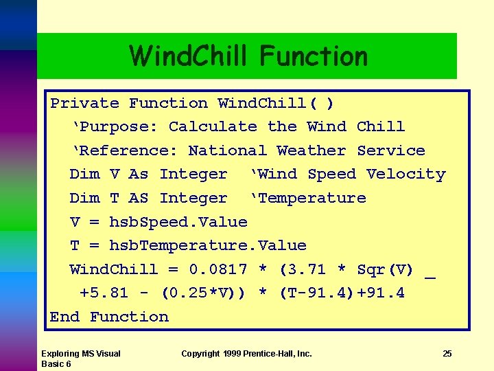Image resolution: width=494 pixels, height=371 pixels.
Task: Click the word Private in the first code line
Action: coord(84,104)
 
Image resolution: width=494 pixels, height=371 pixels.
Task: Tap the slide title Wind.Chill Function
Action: coord(248,56)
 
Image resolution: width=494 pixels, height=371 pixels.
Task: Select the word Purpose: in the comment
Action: coord(115,127)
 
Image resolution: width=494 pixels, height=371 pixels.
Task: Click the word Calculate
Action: coord(213,127)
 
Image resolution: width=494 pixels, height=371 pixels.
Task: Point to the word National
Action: coord(227,151)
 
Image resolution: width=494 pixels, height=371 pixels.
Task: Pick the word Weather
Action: coord(311,151)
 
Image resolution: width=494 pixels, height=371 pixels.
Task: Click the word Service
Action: coord(391,151)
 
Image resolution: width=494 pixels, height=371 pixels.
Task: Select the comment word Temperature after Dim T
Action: coord(311,199)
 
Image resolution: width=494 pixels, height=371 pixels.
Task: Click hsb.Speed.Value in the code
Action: coord(178,222)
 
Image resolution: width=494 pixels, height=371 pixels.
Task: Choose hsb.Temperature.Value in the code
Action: coord(208,246)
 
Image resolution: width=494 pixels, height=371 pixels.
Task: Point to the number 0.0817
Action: coord(217,269)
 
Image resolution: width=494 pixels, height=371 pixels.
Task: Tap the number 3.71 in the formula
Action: coord(312,269)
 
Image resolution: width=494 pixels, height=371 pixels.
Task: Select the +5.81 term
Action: coord(104,293)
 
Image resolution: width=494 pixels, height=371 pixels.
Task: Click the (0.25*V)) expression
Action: coord(203,293)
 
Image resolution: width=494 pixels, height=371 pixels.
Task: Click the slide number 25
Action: coord(447,354)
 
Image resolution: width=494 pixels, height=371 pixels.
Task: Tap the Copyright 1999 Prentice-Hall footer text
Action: coord(246,354)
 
